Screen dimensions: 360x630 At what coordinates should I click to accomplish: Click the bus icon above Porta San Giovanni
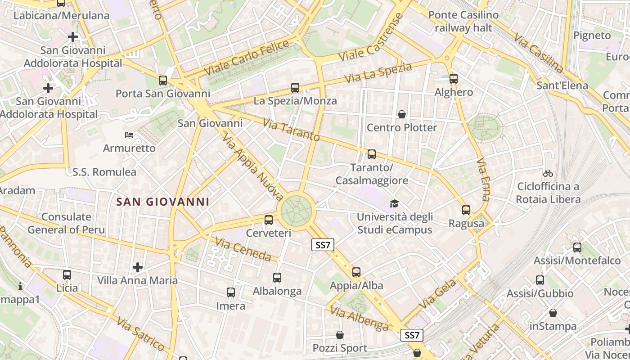(x=163, y=81)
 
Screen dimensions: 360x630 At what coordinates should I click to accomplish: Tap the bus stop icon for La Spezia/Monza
(x=295, y=88)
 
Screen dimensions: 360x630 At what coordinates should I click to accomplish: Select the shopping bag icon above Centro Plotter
(x=402, y=114)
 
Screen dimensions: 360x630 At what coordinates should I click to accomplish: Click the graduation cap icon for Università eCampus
(x=395, y=203)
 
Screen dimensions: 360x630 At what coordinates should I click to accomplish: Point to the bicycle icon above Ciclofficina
(x=548, y=173)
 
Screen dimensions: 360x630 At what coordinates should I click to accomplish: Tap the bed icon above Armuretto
(x=129, y=135)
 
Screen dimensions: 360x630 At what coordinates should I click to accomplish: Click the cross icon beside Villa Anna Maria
(x=138, y=267)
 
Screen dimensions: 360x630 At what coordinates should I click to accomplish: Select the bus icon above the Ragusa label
(x=466, y=210)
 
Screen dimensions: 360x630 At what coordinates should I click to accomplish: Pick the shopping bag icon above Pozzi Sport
(x=340, y=335)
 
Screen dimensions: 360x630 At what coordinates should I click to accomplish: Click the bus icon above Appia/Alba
(x=356, y=272)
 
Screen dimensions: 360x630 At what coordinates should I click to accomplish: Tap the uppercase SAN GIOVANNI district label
(x=163, y=202)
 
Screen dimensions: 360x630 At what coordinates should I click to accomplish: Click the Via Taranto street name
(x=291, y=130)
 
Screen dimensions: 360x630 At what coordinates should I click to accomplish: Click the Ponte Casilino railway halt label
(x=463, y=22)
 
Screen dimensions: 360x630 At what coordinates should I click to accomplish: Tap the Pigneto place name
(x=592, y=35)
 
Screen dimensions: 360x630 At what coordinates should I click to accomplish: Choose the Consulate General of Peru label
(x=66, y=223)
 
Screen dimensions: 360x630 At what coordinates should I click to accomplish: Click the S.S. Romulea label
(x=104, y=172)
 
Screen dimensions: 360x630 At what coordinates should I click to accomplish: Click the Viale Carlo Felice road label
(x=247, y=58)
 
